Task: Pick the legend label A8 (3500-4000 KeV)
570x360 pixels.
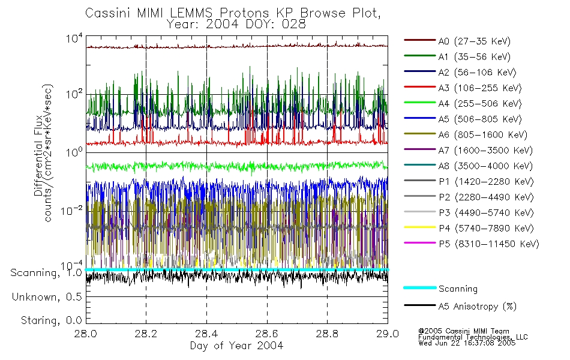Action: click(x=485, y=166)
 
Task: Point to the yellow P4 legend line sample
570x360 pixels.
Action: click(x=419, y=229)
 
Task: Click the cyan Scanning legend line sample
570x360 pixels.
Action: click(x=419, y=289)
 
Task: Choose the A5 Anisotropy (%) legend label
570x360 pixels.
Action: click(x=477, y=307)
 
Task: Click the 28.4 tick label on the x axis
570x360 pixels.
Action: click(x=206, y=335)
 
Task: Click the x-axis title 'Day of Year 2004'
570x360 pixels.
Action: click(x=236, y=346)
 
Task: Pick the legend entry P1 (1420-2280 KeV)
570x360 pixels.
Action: click(x=485, y=182)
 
